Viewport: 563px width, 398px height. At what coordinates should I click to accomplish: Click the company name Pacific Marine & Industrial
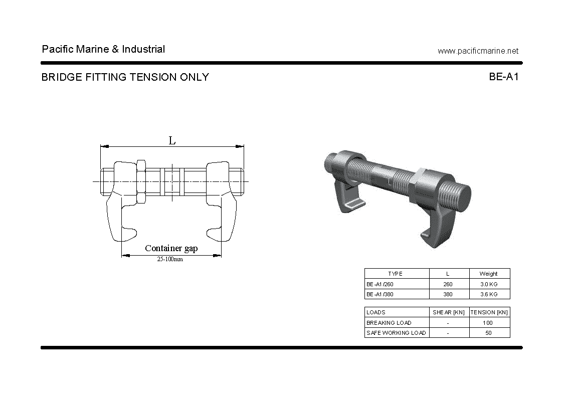103,49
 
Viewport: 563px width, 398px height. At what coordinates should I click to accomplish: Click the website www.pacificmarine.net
478,51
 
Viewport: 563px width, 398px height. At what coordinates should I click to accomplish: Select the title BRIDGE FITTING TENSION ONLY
125,77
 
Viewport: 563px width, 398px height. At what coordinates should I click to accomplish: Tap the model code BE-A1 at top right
504,77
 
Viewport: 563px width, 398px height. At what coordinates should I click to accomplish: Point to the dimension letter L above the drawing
172,141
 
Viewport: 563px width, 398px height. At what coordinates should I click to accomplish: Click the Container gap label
171,248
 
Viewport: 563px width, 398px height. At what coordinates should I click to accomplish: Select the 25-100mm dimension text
170,259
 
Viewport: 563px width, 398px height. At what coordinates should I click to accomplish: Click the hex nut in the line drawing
141,181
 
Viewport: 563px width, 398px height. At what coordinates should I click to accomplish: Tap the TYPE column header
396,274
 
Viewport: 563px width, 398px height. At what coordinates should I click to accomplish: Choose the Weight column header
489,274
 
